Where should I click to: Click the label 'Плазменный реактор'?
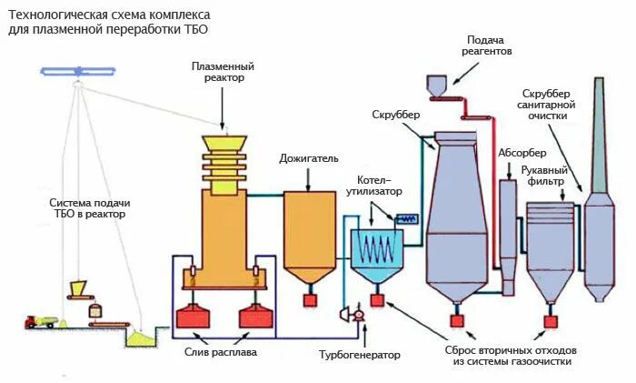[x=223, y=72]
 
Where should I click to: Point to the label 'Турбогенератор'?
[x=359, y=354]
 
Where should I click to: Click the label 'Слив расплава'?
[x=221, y=352]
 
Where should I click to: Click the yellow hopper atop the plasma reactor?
[x=223, y=145]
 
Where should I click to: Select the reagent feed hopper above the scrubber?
[x=437, y=86]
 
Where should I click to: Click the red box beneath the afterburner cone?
[x=310, y=298]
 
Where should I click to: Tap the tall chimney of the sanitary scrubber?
[x=599, y=136]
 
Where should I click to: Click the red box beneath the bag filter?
[x=550, y=320]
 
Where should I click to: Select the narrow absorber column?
[x=508, y=223]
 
